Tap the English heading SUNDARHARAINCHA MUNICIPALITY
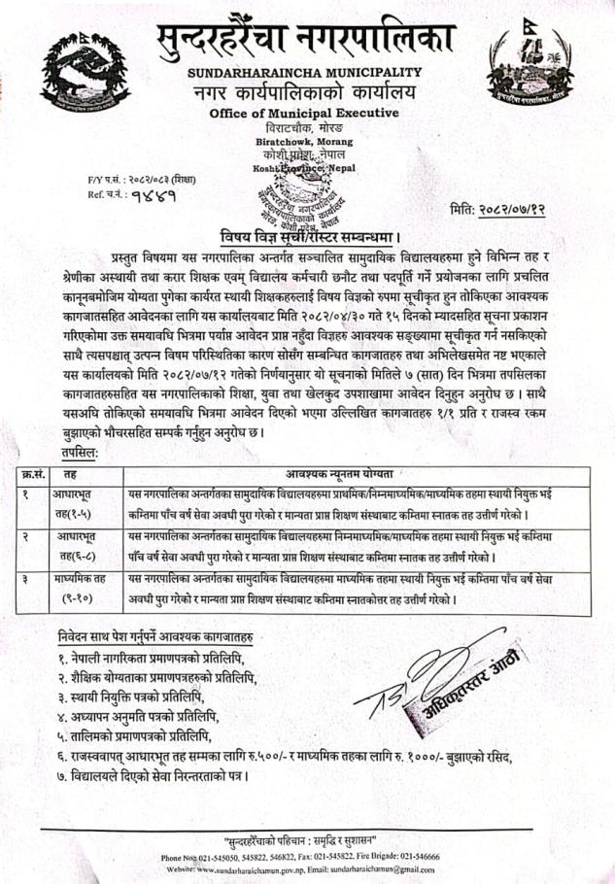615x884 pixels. pos(305,73)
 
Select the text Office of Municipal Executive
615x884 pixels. pos(304,115)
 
